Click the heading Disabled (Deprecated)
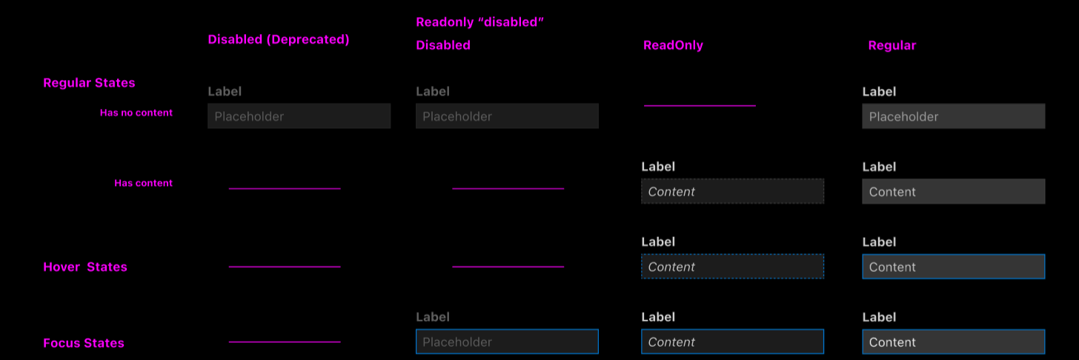(x=278, y=40)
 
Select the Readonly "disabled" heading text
(x=480, y=22)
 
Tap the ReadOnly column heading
(x=673, y=45)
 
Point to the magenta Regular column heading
(x=892, y=45)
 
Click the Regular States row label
(x=89, y=83)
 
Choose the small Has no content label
(x=136, y=113)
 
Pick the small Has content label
(x=143, y=183)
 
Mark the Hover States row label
(x=85, y=267)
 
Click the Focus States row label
(x=84, y=343)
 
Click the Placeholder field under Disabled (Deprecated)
(x=299, y=116)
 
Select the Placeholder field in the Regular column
(x=953, y=116)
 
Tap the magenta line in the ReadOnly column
(x=700, y=106)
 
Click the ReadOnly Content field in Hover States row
(x=732, y=267)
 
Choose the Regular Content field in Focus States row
(x=953, y=342)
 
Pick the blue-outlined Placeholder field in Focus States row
(x=507, y=342)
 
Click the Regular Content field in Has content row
(x=953, y=192)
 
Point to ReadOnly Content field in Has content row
(x=732, y=192)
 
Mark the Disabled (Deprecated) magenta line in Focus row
(x=285, y=342)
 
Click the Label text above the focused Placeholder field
(x=433, y=317)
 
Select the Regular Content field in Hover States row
(x=953, y=267)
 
